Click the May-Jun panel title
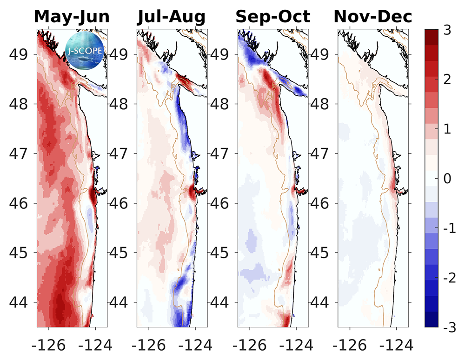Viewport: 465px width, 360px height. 72,17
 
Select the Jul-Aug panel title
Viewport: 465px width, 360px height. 171,17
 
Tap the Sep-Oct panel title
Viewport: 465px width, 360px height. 272,17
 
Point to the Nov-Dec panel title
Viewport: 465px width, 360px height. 373,17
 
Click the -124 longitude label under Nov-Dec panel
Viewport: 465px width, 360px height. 396,345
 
